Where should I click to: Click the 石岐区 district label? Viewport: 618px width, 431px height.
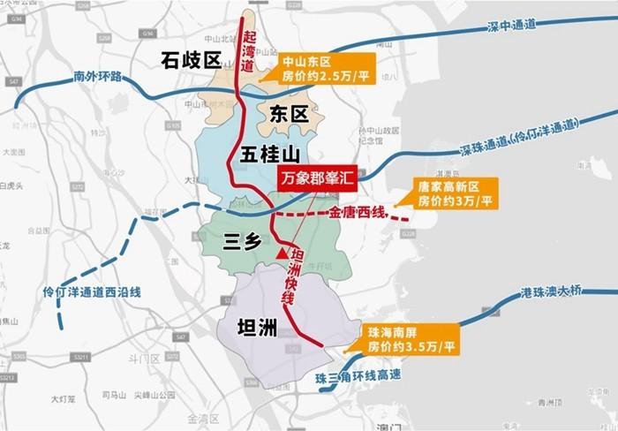(x=189, y=61)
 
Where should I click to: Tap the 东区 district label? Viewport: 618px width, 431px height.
(x=287, y=113)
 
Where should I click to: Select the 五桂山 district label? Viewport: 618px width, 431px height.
(x=270, y=155)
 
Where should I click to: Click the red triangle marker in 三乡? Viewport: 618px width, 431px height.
(x=281, y=253)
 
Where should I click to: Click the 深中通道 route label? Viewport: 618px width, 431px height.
(x=511, y=26)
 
